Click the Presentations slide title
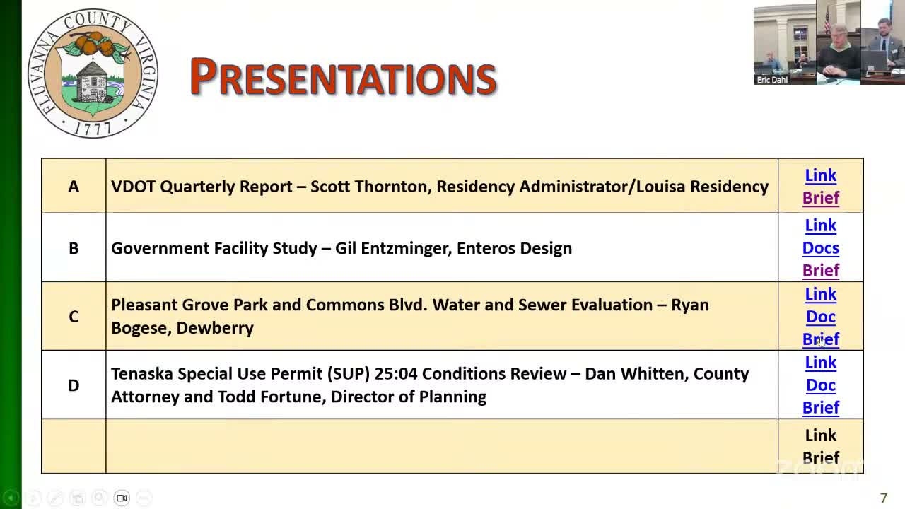(x=343, y=76)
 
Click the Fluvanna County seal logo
(x=93, y=74)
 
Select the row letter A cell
(x=74, y=186)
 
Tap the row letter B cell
(x=74, y=248)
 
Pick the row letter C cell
(x=74, y=316)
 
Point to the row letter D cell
(x=74, y=385)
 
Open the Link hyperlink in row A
(x=820, y=175)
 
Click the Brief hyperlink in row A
(x=820, y=198)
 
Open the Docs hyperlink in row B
(x=820, y=248)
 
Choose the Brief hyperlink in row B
(x=820, y=271)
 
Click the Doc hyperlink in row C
(x=820, y=317)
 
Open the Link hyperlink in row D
(x=820, y=363)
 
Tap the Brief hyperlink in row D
(x=820, y=408)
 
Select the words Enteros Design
(x=514, y=248)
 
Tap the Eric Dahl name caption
(x=772, y=80)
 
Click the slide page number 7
(x=883, y=498)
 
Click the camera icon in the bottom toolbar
(x=122, y=498)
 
